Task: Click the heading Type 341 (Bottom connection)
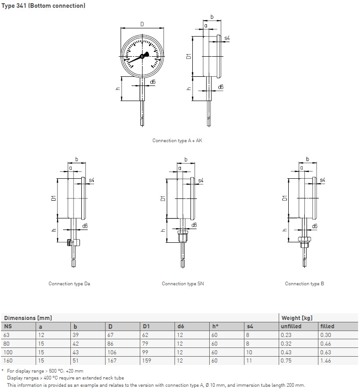point(43,5)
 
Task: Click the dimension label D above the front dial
point(142,24)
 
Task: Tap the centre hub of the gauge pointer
point(143,56)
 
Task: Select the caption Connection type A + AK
point(177,140)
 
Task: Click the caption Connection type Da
point(69,283)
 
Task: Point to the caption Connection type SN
point(183,283)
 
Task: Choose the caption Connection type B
point(304,283)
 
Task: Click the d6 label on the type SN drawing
point(194,225)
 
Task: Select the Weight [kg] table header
point(297,318)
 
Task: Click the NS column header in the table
point(8,326)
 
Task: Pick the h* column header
point(215,326)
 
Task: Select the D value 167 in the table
point(112,360)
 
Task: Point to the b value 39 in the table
point(76,335)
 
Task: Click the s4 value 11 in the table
point(249,360)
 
